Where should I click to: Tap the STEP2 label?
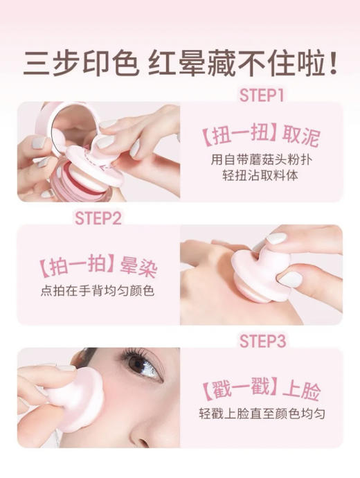[x=97, y=219]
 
